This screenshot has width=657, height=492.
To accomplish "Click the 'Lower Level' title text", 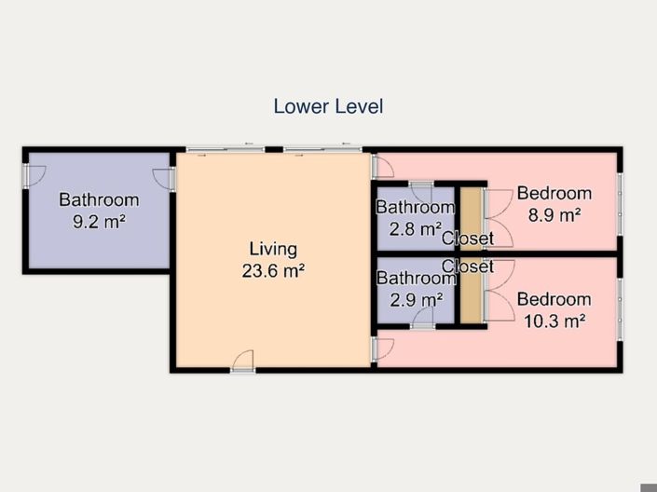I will (x=328, y=106).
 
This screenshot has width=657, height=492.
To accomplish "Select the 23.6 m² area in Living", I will (x=272, y=271).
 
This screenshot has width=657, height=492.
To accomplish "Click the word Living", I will (x=272, y=249).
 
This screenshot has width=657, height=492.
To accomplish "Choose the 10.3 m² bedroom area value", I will (x=554, y=321).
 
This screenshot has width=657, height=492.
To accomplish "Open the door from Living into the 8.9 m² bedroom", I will (x=380, y=167).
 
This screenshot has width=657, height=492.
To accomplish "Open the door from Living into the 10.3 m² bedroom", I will (x=380, y=349).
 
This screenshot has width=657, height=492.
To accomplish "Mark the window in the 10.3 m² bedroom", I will (x=620, y=307).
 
